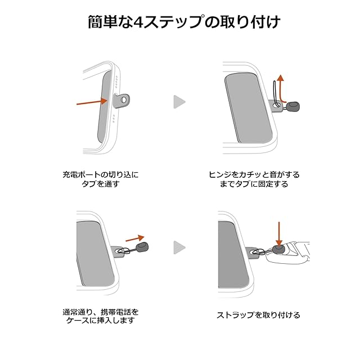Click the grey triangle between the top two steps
179,102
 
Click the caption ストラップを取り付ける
259,315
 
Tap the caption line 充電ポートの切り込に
100,174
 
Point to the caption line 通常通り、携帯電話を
100,311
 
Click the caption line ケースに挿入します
100,321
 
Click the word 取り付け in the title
247,22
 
